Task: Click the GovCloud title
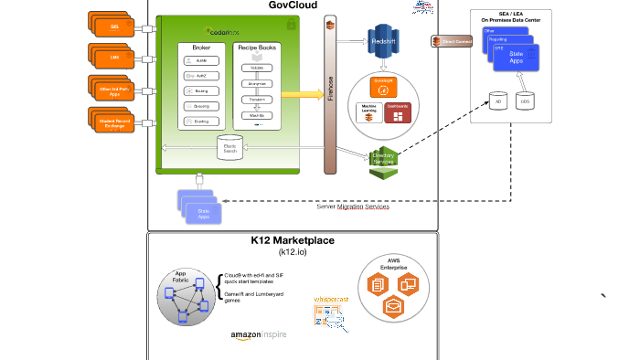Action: tap(293, 6)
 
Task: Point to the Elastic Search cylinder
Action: tap(230, 146)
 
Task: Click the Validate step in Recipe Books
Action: tap(257, 68)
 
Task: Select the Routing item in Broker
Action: tap(199, 90)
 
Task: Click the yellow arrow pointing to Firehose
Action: tap(301, 93)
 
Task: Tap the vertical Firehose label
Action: tap(330, 90)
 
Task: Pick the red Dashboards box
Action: tap(398, 113)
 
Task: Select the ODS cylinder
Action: tap(525, 101)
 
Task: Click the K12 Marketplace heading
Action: tap(293, 241)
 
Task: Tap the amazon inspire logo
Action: tap(259, 335)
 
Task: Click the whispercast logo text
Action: tap(332, 299)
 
